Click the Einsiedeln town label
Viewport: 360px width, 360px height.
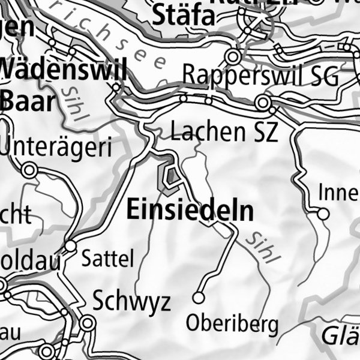[x=190, y=211]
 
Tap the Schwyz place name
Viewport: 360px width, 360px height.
[x=131, y=302]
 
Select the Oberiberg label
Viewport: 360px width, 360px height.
[x=232, y=325]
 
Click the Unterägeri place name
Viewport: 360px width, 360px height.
[x=58, y=146]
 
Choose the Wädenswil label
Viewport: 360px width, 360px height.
[x=64, y=71]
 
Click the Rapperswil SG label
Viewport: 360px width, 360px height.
[x=260, y=76]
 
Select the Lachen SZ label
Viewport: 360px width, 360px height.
[x=224, y=132]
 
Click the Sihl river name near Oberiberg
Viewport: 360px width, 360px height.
[x=263, y=247]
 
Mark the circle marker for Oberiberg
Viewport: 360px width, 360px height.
[x=198, y=297]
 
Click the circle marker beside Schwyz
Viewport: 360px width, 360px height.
[x=88, y=324]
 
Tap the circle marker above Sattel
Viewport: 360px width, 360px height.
[x=71, y=246]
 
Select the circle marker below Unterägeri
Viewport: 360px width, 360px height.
[x=28, y=171]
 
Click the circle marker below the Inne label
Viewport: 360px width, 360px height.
[x=323, y=214]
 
